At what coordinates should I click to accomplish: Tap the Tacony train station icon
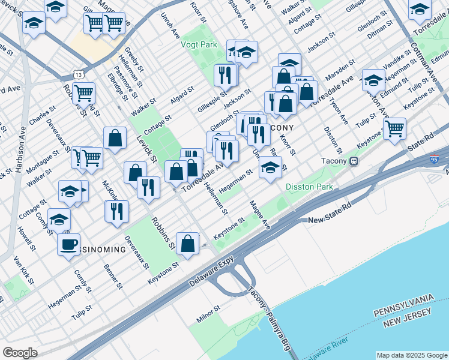tap(354, 161)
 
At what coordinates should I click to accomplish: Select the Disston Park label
tap(309, 187)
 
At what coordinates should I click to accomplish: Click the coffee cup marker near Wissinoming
tap(68, 244)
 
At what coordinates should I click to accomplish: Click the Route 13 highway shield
tap(76, 74)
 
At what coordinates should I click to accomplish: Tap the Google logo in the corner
tap(20, 352)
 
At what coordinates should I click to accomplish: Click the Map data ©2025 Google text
tap(411, 355)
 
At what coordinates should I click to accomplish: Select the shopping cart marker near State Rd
tap(394, 128)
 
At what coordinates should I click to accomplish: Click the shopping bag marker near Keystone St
tap(188, 244)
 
